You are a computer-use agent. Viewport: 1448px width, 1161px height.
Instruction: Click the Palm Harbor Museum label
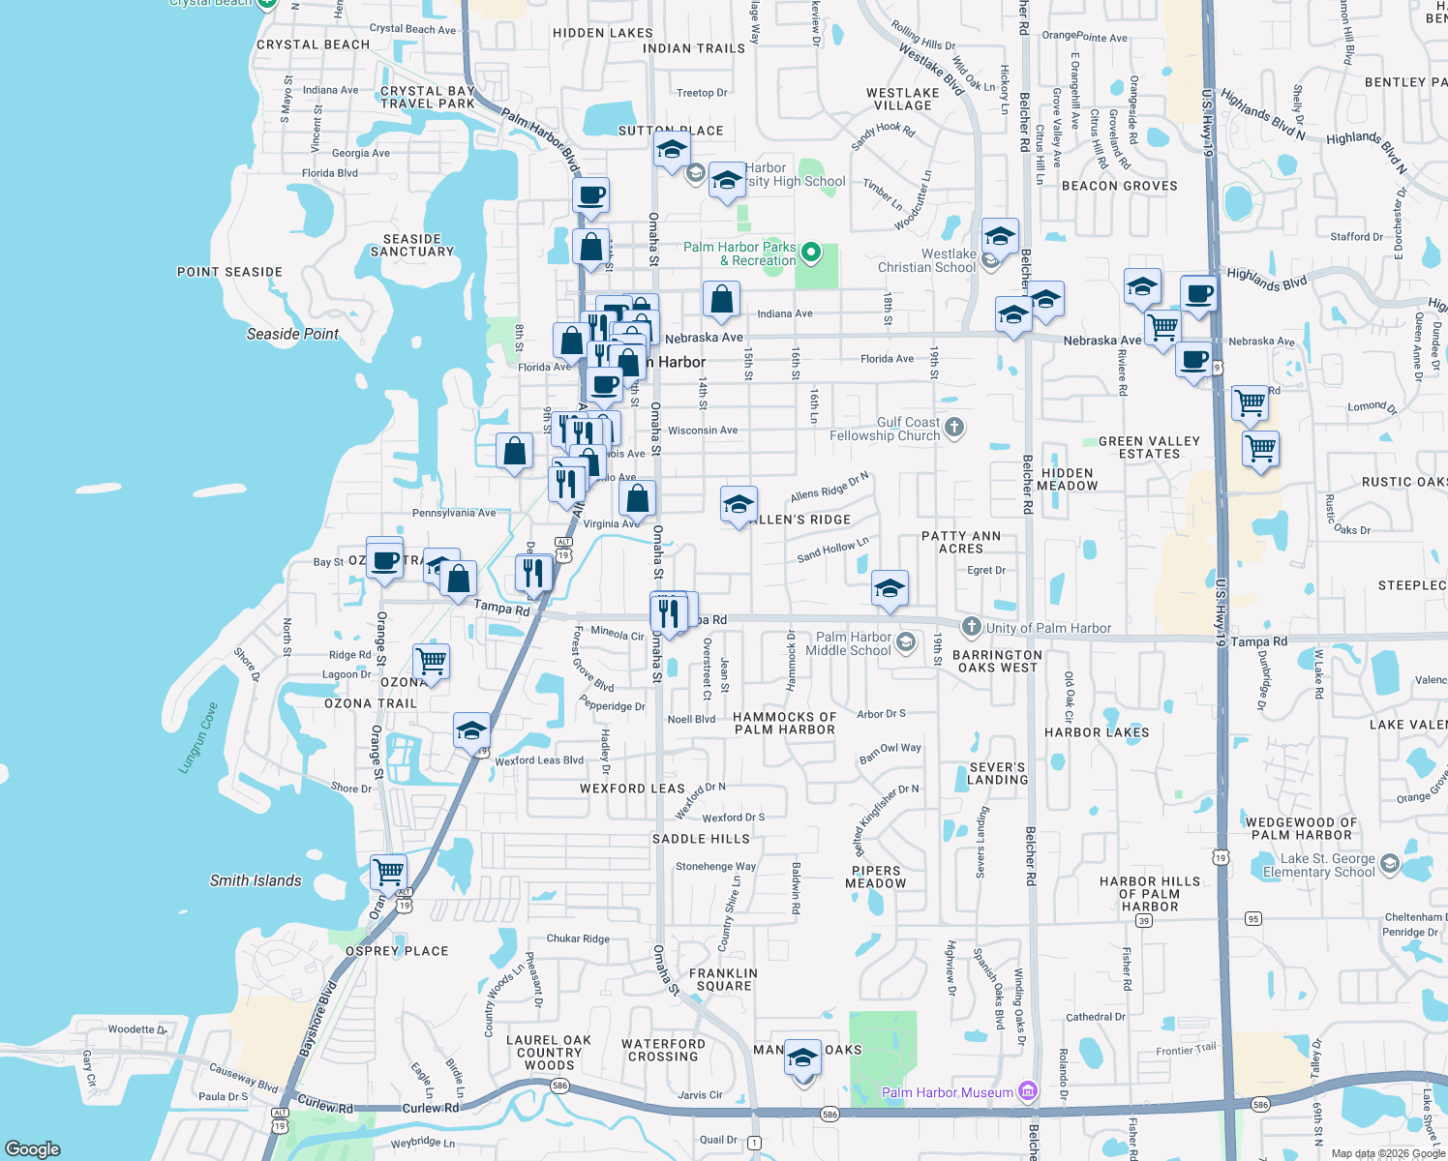(947, 1092)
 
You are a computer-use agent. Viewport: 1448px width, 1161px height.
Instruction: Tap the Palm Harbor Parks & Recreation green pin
(812, 253)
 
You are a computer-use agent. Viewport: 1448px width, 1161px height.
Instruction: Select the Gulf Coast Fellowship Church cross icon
(954, 428)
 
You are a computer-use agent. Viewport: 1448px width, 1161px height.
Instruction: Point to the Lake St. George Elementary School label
(1318, 865)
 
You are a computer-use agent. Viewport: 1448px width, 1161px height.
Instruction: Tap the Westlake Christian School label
(926, 261)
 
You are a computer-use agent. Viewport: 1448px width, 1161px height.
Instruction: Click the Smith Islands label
(256, 880)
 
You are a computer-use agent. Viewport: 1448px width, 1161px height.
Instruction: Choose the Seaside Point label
(292, 334)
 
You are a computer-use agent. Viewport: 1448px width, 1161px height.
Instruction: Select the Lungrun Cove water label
(198, 738)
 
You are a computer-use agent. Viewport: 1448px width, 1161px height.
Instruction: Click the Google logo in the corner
(33, 1148)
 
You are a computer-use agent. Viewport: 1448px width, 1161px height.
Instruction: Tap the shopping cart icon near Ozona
(431, 661)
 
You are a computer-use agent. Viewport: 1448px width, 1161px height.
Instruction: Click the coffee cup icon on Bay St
(384, 559)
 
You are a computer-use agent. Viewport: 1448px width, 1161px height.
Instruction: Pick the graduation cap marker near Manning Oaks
(802, 1058)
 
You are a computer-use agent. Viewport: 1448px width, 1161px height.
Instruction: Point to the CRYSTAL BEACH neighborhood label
(313, 45)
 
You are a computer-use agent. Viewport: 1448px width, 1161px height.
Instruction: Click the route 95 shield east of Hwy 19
(1253, 918)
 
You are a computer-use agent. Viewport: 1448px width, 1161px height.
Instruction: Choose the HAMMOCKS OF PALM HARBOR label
(784, 723)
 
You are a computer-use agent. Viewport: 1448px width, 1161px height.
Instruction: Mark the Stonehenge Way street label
(715, 866)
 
